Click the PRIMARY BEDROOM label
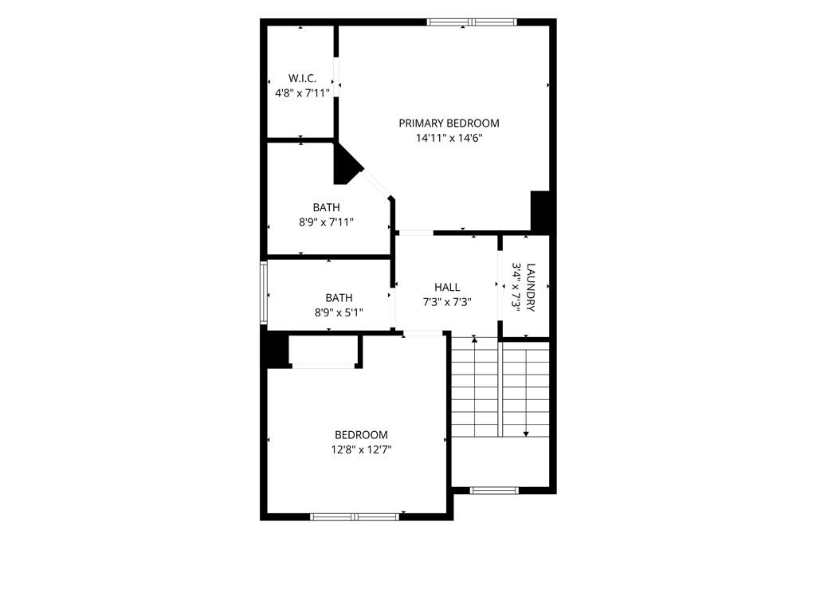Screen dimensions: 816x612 point(449,124)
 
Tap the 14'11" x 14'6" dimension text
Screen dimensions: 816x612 point(449,138)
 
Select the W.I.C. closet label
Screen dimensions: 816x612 point(302,79)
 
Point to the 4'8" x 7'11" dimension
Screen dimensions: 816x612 point(302,94)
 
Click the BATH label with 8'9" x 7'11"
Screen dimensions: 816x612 point(326,207)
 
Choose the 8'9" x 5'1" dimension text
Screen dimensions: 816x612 point(339,312)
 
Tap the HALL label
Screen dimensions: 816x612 point(447,287)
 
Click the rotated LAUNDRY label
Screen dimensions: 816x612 point(531,287)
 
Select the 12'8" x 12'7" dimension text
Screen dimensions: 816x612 point(361,449)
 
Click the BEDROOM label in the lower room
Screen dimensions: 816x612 point(361,435)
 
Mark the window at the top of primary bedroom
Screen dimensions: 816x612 point(472,22)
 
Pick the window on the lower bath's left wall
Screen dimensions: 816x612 point(264,293)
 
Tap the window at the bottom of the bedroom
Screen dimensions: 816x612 point(355,516)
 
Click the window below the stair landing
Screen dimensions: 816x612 point(494,490)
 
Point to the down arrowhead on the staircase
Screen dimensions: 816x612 point(526,433)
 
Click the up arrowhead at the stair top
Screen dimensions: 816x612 point(474,339)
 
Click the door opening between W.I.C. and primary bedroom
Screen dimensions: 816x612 point(336,77)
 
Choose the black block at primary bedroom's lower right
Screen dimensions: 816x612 point(540,210)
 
